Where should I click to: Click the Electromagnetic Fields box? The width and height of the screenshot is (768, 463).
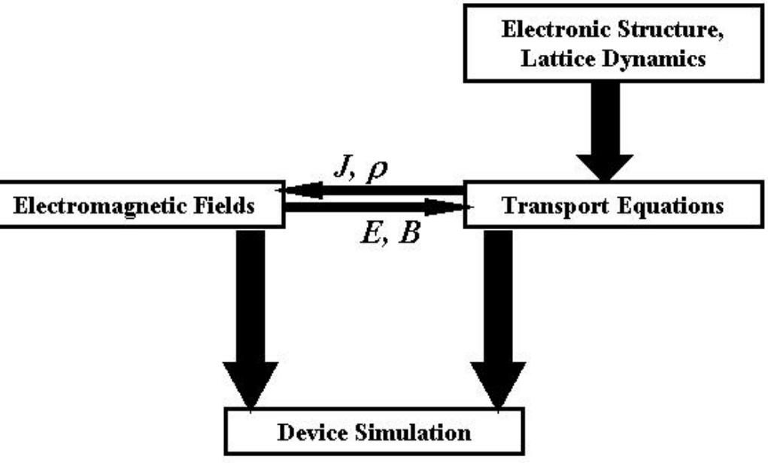point(142,204)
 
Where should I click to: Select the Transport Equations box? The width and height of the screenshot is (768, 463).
point(614,204)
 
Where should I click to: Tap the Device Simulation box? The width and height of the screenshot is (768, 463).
point(374,433)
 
